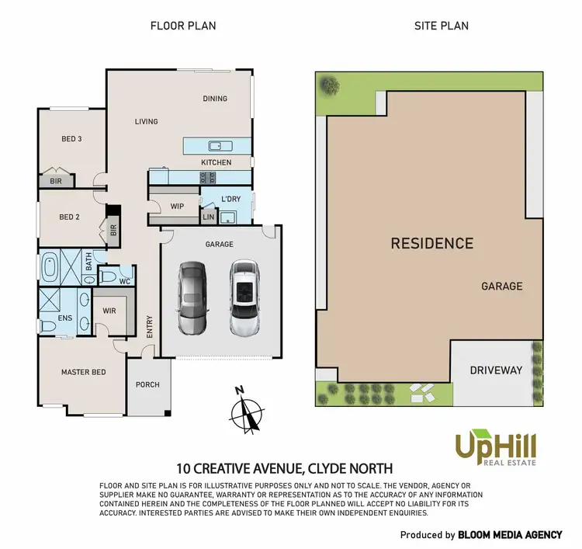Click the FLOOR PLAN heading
pos(182,26)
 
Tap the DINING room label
pos(215,99)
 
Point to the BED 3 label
pos(71,139)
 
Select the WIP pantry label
pos(176,206)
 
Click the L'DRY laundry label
pos(230,200)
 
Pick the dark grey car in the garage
pos(192,297)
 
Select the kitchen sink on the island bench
pos(217,145)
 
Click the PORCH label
pos(147,384)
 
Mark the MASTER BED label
pos(83,372)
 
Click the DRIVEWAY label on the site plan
pos(496,370)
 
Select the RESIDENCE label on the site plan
pos(431,243)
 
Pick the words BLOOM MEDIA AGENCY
pos(510,535)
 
